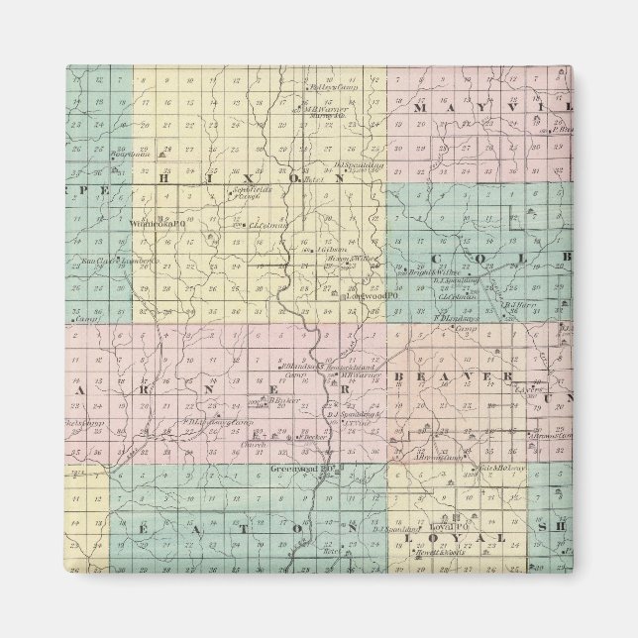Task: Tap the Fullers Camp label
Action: [x=323, y=85]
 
